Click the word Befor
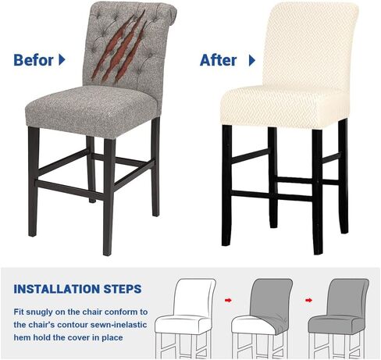(x=34, y=60)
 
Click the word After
(x=218, y=60)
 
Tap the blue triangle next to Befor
(x=62, y=60)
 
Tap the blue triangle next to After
(x=252, y=60)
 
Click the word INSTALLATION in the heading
(x=56, y=289)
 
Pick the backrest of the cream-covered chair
(x=310, y=45)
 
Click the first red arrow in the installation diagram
(x=228, y=301)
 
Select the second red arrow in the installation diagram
(x=309, y=301)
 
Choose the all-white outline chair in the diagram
(x=185, y=319)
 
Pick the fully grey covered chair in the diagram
(x=339, y=319)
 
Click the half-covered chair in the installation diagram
(x=262, y=319)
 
